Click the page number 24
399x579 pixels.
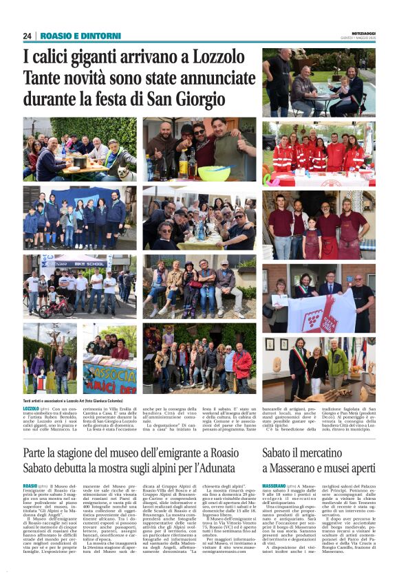(27, 36)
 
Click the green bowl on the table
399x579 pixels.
(215, 172)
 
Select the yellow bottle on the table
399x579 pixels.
(184, 166)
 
